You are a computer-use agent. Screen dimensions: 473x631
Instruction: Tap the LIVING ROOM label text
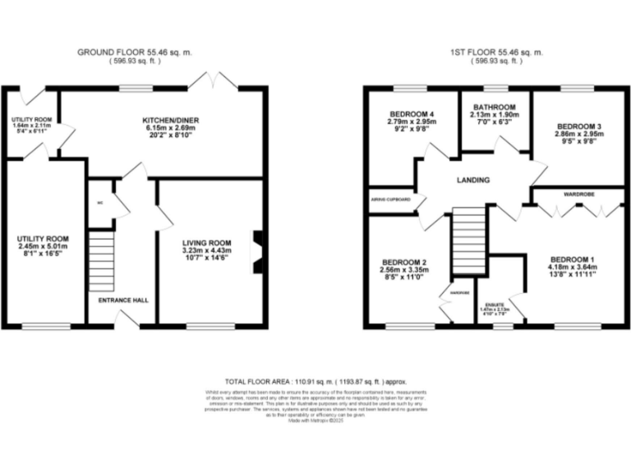tap(205, 242)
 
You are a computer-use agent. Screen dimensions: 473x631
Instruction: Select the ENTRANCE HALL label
tap(123, 301)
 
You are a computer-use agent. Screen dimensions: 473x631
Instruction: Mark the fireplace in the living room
tap(258, 250)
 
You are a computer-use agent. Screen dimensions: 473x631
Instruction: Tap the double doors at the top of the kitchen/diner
tap(213, 80)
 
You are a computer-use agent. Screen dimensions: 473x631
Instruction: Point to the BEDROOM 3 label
tap(578, 126)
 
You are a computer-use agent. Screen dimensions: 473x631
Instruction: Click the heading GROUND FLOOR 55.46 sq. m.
tap(136, 52)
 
